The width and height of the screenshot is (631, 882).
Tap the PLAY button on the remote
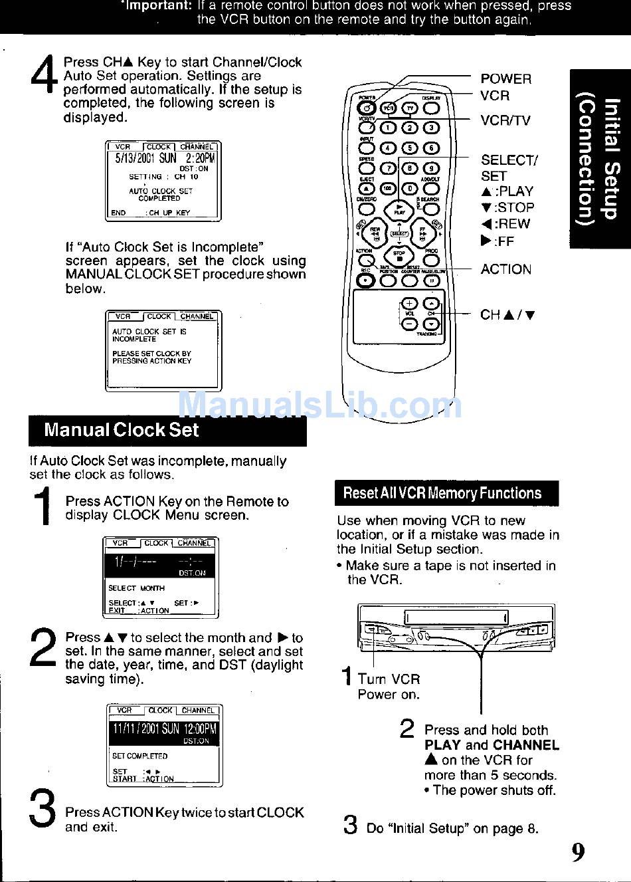pyautogui.click(x=399, y=209)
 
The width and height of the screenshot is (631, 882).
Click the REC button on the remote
pyautogui.click(x=365, y=280)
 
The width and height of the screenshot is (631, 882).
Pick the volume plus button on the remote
pyautogui.click(x=410, y=304)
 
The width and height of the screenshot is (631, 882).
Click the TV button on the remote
pyautogui.click(x=410, y=108)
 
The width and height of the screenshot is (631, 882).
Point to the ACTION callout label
pyautogui.click(x=505, y=269)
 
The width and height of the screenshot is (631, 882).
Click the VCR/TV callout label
pyautogui.click(x=505, y=120)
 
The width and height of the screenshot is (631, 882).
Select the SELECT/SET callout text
pyautogui.click(x=509, y=168)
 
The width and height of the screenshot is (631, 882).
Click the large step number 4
pyautogui.click(x=44, y=76)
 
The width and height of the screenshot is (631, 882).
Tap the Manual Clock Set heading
pyautogui.click(x=121, y=430)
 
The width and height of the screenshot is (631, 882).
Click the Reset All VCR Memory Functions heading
pyautogui.click(x=442, y=493)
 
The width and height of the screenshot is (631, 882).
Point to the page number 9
pyautogui.click(x=579, y=851)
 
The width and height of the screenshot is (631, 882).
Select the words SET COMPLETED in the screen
pyautogui.click(x=139, y=756)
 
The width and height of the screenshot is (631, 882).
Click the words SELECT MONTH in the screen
pyautogui.click(x=136, y=588)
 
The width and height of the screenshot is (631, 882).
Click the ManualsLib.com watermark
pyautogui.click(x=320, y=404)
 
